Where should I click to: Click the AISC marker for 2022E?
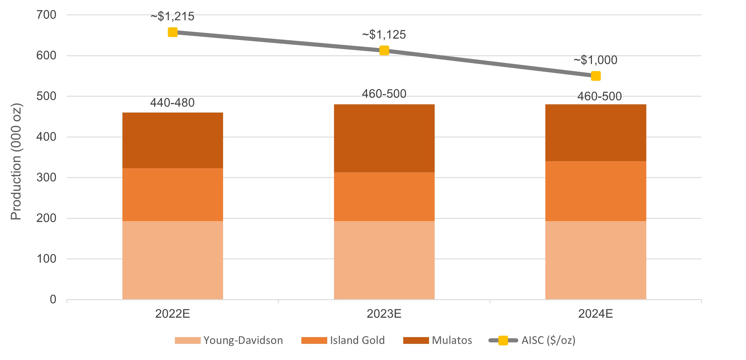pos(173,32)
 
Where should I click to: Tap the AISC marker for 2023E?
pos(384,51)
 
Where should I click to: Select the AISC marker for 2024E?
pos(595,76)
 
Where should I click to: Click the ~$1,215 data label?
pos(172,16)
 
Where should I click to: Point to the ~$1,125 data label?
pos(384,35)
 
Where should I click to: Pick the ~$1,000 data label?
pos(595,60)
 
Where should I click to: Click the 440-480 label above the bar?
pos(172,103)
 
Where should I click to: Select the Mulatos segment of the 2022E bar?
pos(173,140)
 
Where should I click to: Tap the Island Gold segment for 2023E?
pos(384,196)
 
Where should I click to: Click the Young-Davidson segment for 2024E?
pos(595,260)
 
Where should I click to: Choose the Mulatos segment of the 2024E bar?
pos(595,133)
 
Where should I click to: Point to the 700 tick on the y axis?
pos(46,15)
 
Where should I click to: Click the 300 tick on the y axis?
pos(46,178)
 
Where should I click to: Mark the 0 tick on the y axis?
pos(53,300)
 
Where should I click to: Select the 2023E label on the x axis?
pos(384,314)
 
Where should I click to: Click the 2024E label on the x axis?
pos(595,314)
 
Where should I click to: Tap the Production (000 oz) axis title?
pos(16,162)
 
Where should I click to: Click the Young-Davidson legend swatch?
pos(188,340)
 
